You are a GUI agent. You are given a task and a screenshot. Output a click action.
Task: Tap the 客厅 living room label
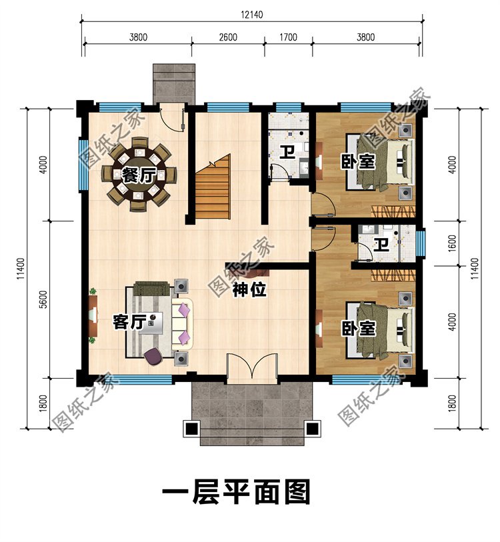[x=129, y=322]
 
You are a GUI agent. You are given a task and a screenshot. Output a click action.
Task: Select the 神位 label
[x=249, y=291]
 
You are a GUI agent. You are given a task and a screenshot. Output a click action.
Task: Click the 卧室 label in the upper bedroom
[x=358, y=162]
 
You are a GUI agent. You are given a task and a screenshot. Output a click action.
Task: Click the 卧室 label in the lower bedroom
[x=358, y=329]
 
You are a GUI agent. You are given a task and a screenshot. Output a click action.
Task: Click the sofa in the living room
[x=183, y=323]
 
